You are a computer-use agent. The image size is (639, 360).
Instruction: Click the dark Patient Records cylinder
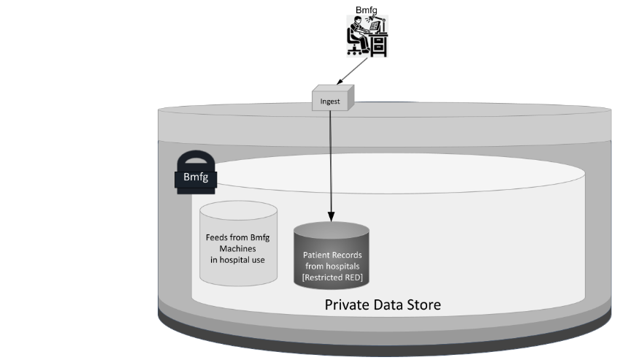tap(332, 255)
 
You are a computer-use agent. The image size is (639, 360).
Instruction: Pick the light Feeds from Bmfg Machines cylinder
tap(238, 245)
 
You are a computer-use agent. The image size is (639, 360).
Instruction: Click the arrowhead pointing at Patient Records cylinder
tap(331, 217)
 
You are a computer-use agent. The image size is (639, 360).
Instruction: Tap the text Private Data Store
tap(383, 305)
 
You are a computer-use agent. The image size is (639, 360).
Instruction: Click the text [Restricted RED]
tap(332, 276)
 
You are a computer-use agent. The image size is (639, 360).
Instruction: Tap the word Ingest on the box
tap(331, 99)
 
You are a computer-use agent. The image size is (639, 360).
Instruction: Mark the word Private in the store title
tap(345, 305)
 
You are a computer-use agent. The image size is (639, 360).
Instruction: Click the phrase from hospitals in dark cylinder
tap(332, 266)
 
